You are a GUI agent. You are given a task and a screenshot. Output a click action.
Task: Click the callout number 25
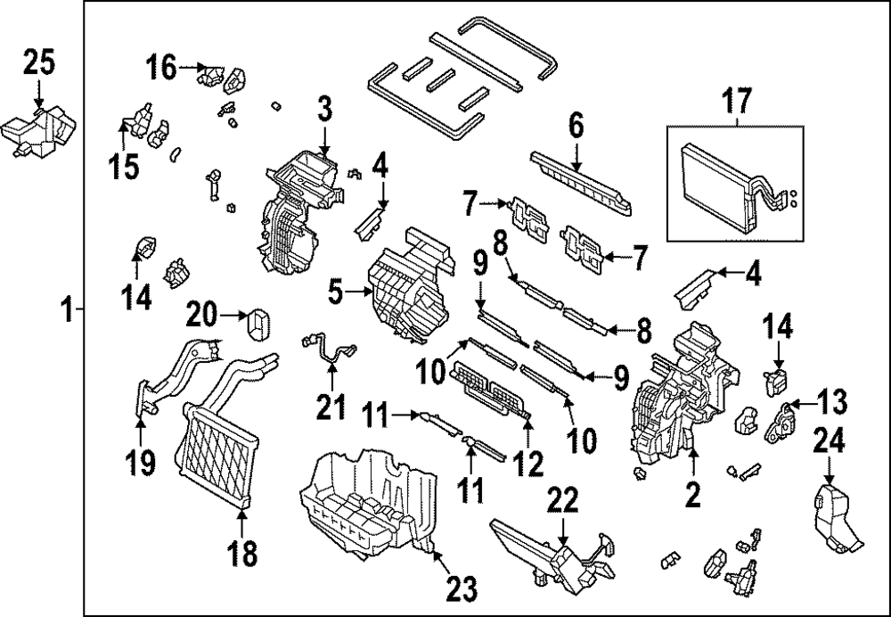38,63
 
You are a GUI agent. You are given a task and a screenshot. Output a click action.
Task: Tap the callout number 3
324,110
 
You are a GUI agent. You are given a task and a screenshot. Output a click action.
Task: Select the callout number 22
562,503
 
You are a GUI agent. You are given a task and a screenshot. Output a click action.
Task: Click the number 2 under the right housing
692,492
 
